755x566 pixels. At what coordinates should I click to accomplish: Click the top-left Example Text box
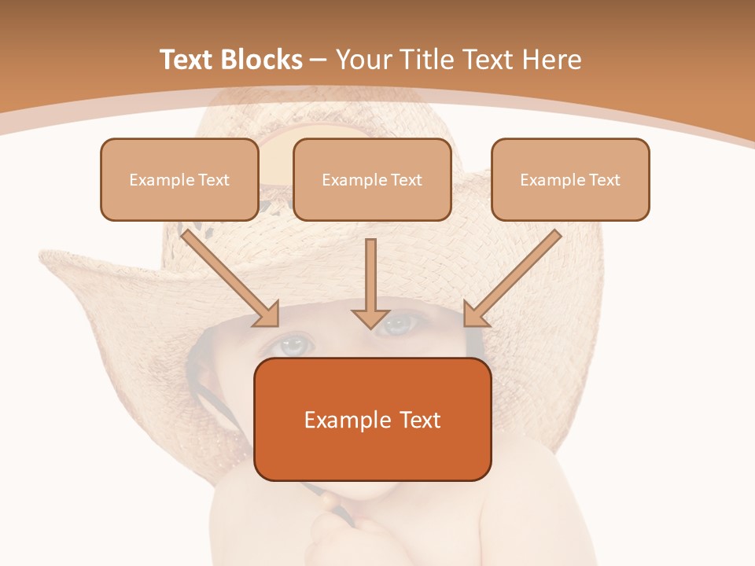(x=179, y=179)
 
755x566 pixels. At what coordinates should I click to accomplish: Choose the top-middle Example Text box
(x=372, y=179)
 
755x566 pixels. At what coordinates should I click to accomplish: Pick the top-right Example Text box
(x=570, y=179)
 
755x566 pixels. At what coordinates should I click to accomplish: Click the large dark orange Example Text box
(x=373, y=419)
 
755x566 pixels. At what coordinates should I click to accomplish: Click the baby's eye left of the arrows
(x=293, y=344)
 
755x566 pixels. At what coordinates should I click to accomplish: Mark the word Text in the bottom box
(x=417, y=420)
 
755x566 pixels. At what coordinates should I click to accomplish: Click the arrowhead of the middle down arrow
(x=370, y=318)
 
